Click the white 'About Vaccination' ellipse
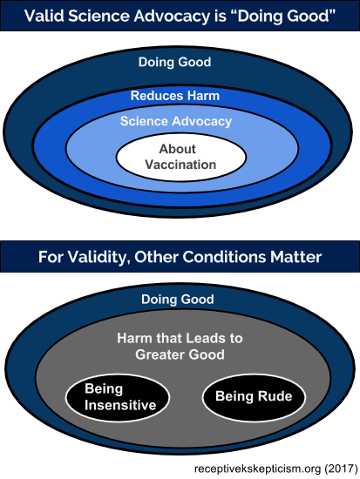[180, 157]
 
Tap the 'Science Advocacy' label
[176, 121]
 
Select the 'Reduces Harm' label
[175, 96]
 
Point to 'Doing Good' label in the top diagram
[174, 62]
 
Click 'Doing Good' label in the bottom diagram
[178, 299]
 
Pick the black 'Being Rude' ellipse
[254, 397]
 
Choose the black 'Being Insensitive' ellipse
[118, 398]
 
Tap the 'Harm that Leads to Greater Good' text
[180, 347]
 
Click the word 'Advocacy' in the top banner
[171, 16]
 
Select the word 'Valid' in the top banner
[44, 16]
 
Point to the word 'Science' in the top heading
[98, 16]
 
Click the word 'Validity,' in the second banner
[98, 257]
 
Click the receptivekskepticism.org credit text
[257, 469]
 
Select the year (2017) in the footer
[341, 469]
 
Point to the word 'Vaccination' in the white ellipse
[180, 165]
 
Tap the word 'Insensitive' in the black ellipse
[120, 405]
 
